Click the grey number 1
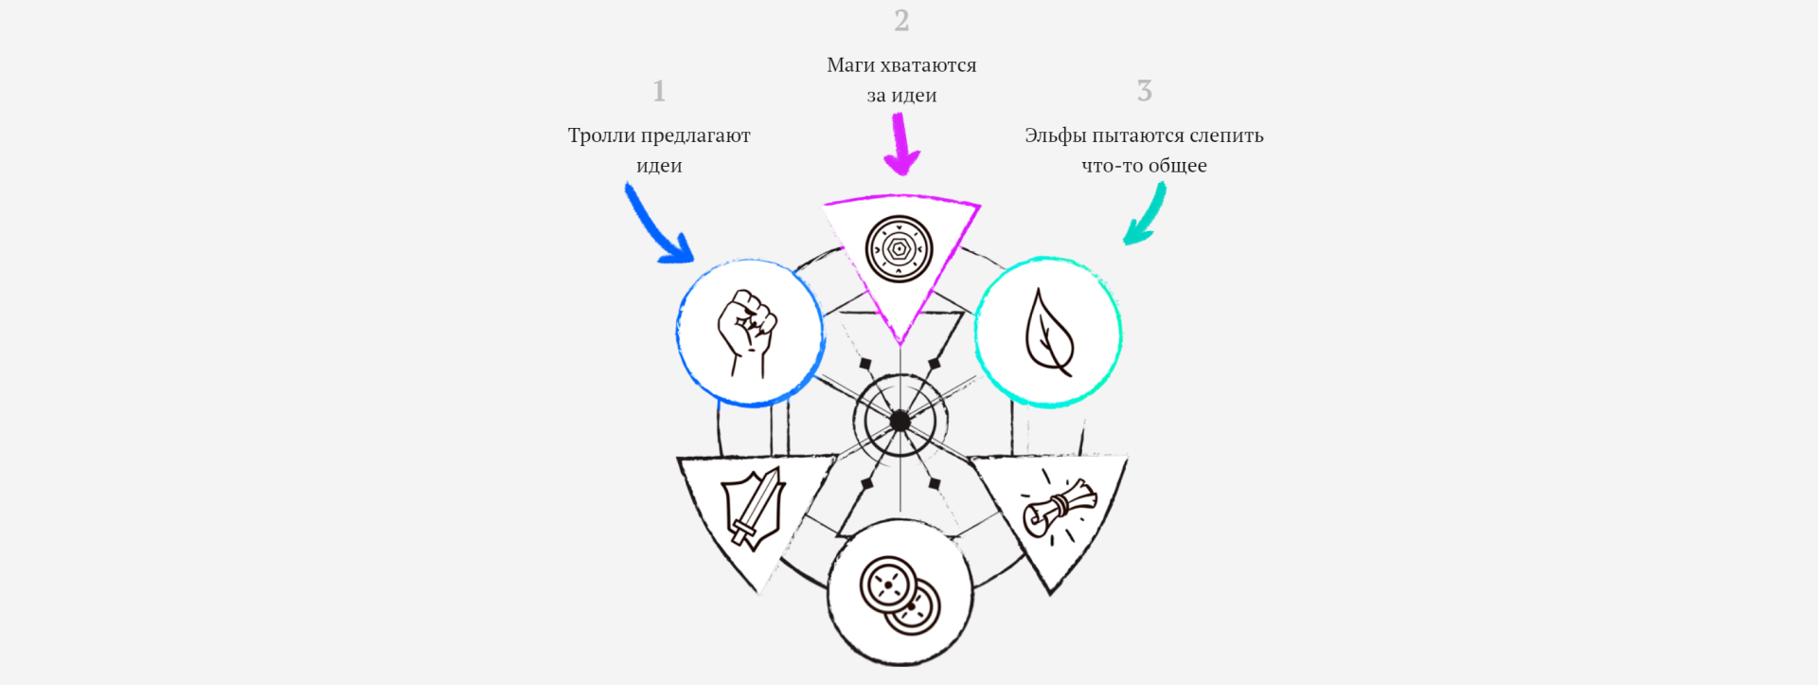(659, 91)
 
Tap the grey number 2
(901, 21)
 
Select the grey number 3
(1144, 91)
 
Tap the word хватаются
(928, 65)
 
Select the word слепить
(1226, 135)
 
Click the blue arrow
(658, 225)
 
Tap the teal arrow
(1146, 214)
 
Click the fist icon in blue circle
(748, 333)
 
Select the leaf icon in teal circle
(1049, 332)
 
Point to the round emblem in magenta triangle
(900, 249)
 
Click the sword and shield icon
(753, 509)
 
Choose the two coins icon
(900, 594)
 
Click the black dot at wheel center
(900, 422)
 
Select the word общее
(1177, 166)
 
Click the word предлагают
(695, 135)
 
